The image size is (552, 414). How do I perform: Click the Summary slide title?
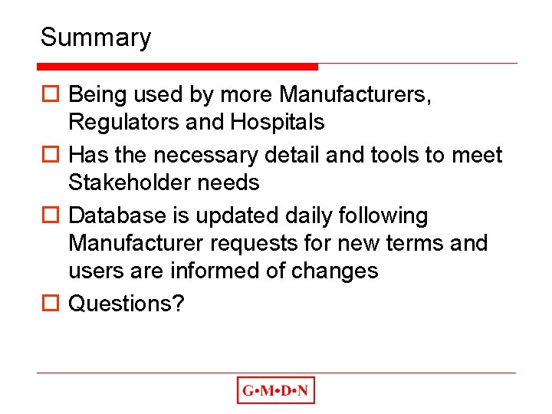96,37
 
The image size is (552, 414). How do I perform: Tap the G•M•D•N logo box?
275,390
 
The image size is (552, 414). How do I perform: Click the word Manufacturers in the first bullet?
355,94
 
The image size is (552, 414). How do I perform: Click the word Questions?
127,304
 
